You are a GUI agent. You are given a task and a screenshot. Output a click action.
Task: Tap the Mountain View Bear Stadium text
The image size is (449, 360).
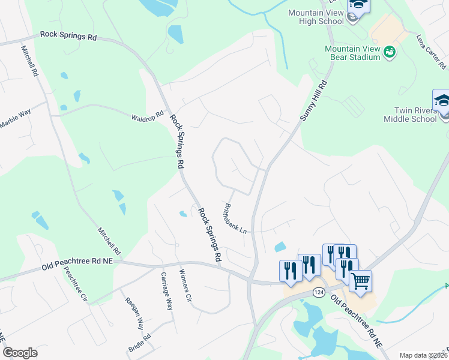coord(352,53)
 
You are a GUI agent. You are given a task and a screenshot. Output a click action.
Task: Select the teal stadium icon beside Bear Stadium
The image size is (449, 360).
coord(390,53)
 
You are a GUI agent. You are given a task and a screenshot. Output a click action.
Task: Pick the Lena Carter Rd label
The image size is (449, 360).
coord(432,50)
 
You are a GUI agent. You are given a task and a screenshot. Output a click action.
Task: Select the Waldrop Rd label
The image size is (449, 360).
coord(148,115)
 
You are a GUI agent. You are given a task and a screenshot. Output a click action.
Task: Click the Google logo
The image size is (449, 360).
coord(20,353)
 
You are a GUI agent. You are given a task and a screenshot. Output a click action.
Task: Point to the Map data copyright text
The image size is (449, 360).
coord(423,355)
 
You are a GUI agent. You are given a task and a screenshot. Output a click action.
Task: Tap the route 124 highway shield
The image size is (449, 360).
coord(318,292)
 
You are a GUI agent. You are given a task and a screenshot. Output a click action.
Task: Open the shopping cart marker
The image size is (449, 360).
coord(360,280)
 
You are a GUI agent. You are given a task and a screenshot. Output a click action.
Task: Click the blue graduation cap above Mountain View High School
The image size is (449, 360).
coord(359,5)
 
